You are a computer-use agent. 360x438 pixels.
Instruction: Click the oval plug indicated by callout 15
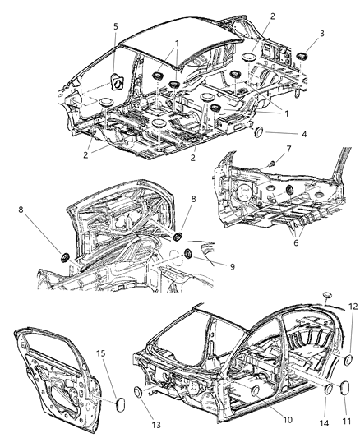[x=116, y=403]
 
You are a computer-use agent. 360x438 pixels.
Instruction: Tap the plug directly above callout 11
[x=339, y=398]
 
